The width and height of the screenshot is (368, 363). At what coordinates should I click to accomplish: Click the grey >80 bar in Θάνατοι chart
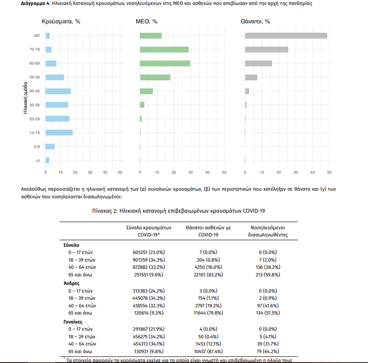286,35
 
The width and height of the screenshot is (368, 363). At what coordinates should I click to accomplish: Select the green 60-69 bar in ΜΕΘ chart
165,63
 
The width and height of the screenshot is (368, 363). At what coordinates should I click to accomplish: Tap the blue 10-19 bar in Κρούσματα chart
59,132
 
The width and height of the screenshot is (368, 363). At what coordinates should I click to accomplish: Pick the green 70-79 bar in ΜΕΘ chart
164,49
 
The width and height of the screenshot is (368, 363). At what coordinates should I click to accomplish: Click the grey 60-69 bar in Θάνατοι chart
258,63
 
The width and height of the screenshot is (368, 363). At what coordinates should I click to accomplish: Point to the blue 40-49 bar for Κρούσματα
58,91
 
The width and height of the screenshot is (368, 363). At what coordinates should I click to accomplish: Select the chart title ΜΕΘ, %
147,22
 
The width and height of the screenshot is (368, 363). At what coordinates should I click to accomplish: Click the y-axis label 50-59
35,77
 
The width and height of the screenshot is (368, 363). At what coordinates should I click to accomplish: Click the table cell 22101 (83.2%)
208,274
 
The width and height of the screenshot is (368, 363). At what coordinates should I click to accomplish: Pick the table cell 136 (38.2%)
267,267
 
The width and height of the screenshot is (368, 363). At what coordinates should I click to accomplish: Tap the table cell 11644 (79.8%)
208,312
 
